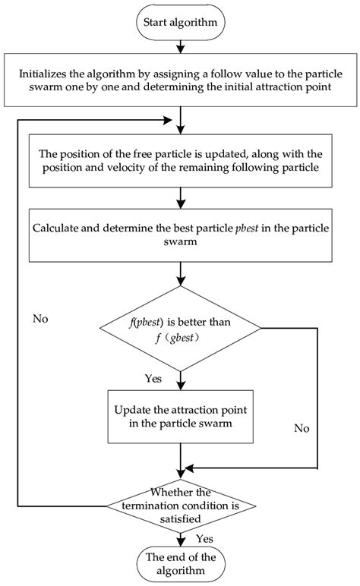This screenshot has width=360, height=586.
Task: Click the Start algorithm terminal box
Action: click(180, 21)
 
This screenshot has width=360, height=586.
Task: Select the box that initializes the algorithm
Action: click(180, 80)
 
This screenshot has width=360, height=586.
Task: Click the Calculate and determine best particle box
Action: click(180, 235)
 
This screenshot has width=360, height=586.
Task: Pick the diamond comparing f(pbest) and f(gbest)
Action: click(180, 328)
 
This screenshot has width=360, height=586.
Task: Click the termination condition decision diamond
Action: click(180, 505)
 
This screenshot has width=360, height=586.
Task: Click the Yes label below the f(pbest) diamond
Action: click(153, 377)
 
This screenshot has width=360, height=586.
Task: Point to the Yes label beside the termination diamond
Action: click(204, 538)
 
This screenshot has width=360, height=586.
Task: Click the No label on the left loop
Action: click(42, 319)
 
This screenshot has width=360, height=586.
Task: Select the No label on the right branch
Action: click(302, 428)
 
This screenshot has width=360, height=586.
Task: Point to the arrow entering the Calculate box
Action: click(180, 199)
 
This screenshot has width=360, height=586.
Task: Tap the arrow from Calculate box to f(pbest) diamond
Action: click(180, 272)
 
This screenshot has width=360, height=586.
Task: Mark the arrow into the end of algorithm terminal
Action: click(180, 538)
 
